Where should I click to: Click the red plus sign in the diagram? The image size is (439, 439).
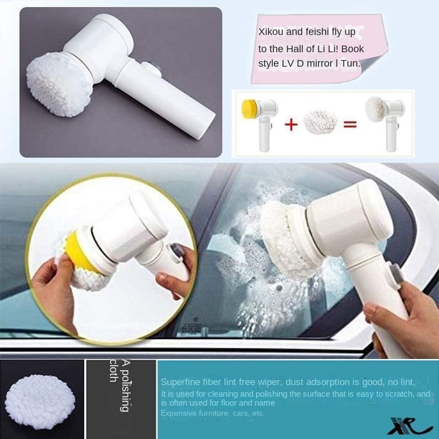(291, 123)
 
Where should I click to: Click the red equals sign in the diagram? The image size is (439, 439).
(349, 123)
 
